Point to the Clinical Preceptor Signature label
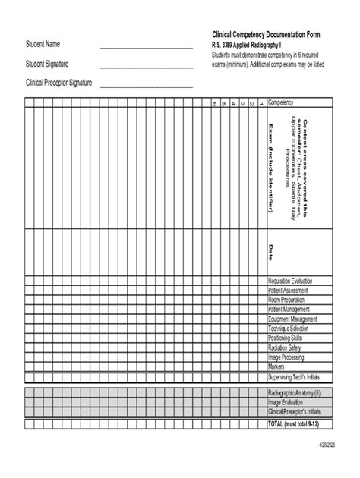[x=59, y=83]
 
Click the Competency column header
[x=284, y=102]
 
